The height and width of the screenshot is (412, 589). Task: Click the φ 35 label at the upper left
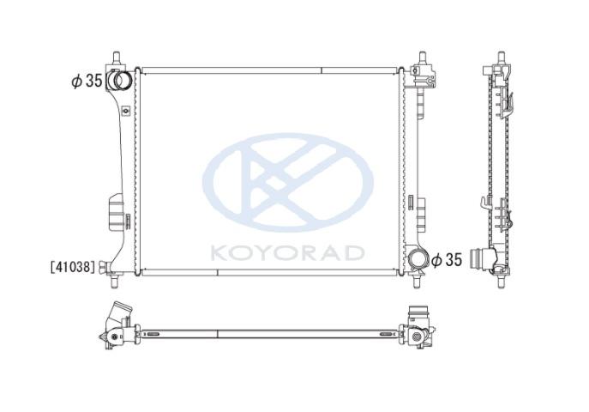tap(87, 81)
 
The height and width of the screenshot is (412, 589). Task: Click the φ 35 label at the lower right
tap(447, 259)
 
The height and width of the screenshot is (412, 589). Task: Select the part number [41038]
tap(73, 267)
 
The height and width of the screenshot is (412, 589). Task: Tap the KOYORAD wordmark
tap(287, 253)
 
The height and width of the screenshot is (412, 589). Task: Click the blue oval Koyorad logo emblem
tap(288, 182)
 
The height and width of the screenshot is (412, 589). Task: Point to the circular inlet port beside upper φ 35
tap(122, 80)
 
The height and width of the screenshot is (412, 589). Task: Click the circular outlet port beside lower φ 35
tap(417, 259)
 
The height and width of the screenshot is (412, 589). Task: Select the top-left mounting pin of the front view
tap(117, 58)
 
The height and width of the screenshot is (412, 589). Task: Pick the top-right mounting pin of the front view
tap(423, 58)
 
